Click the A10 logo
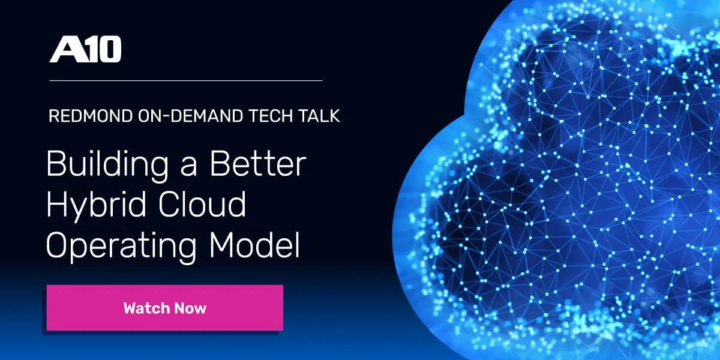85,50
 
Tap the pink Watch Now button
164,308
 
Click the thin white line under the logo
185,80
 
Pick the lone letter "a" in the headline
187,167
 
